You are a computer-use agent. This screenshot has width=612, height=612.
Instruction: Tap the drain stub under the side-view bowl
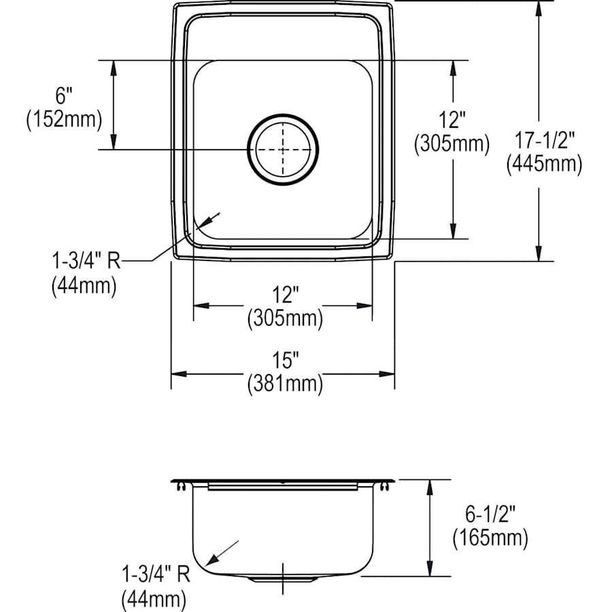point(283,579)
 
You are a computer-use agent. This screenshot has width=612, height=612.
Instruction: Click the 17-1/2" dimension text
point(543,141)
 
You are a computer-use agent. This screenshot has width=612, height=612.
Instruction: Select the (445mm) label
point(543,164)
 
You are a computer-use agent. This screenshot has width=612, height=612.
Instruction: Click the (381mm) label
point(284,384)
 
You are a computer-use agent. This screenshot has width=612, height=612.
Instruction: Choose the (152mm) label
point(65,120)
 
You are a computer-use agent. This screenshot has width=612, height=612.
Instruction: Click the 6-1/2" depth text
point(490,516)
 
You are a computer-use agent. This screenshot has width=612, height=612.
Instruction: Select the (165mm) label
point(490,539)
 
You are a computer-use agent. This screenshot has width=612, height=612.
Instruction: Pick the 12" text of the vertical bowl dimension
point(452,121)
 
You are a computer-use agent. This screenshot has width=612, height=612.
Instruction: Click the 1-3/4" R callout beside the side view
point(155,575)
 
